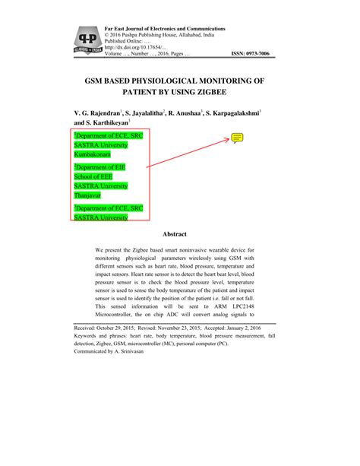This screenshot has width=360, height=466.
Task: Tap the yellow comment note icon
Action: (237, 138)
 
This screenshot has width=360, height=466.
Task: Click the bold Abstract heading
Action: (180, 235)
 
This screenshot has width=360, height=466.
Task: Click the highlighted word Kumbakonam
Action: (93, 154)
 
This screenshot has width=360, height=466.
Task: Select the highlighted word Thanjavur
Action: (90, 195)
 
